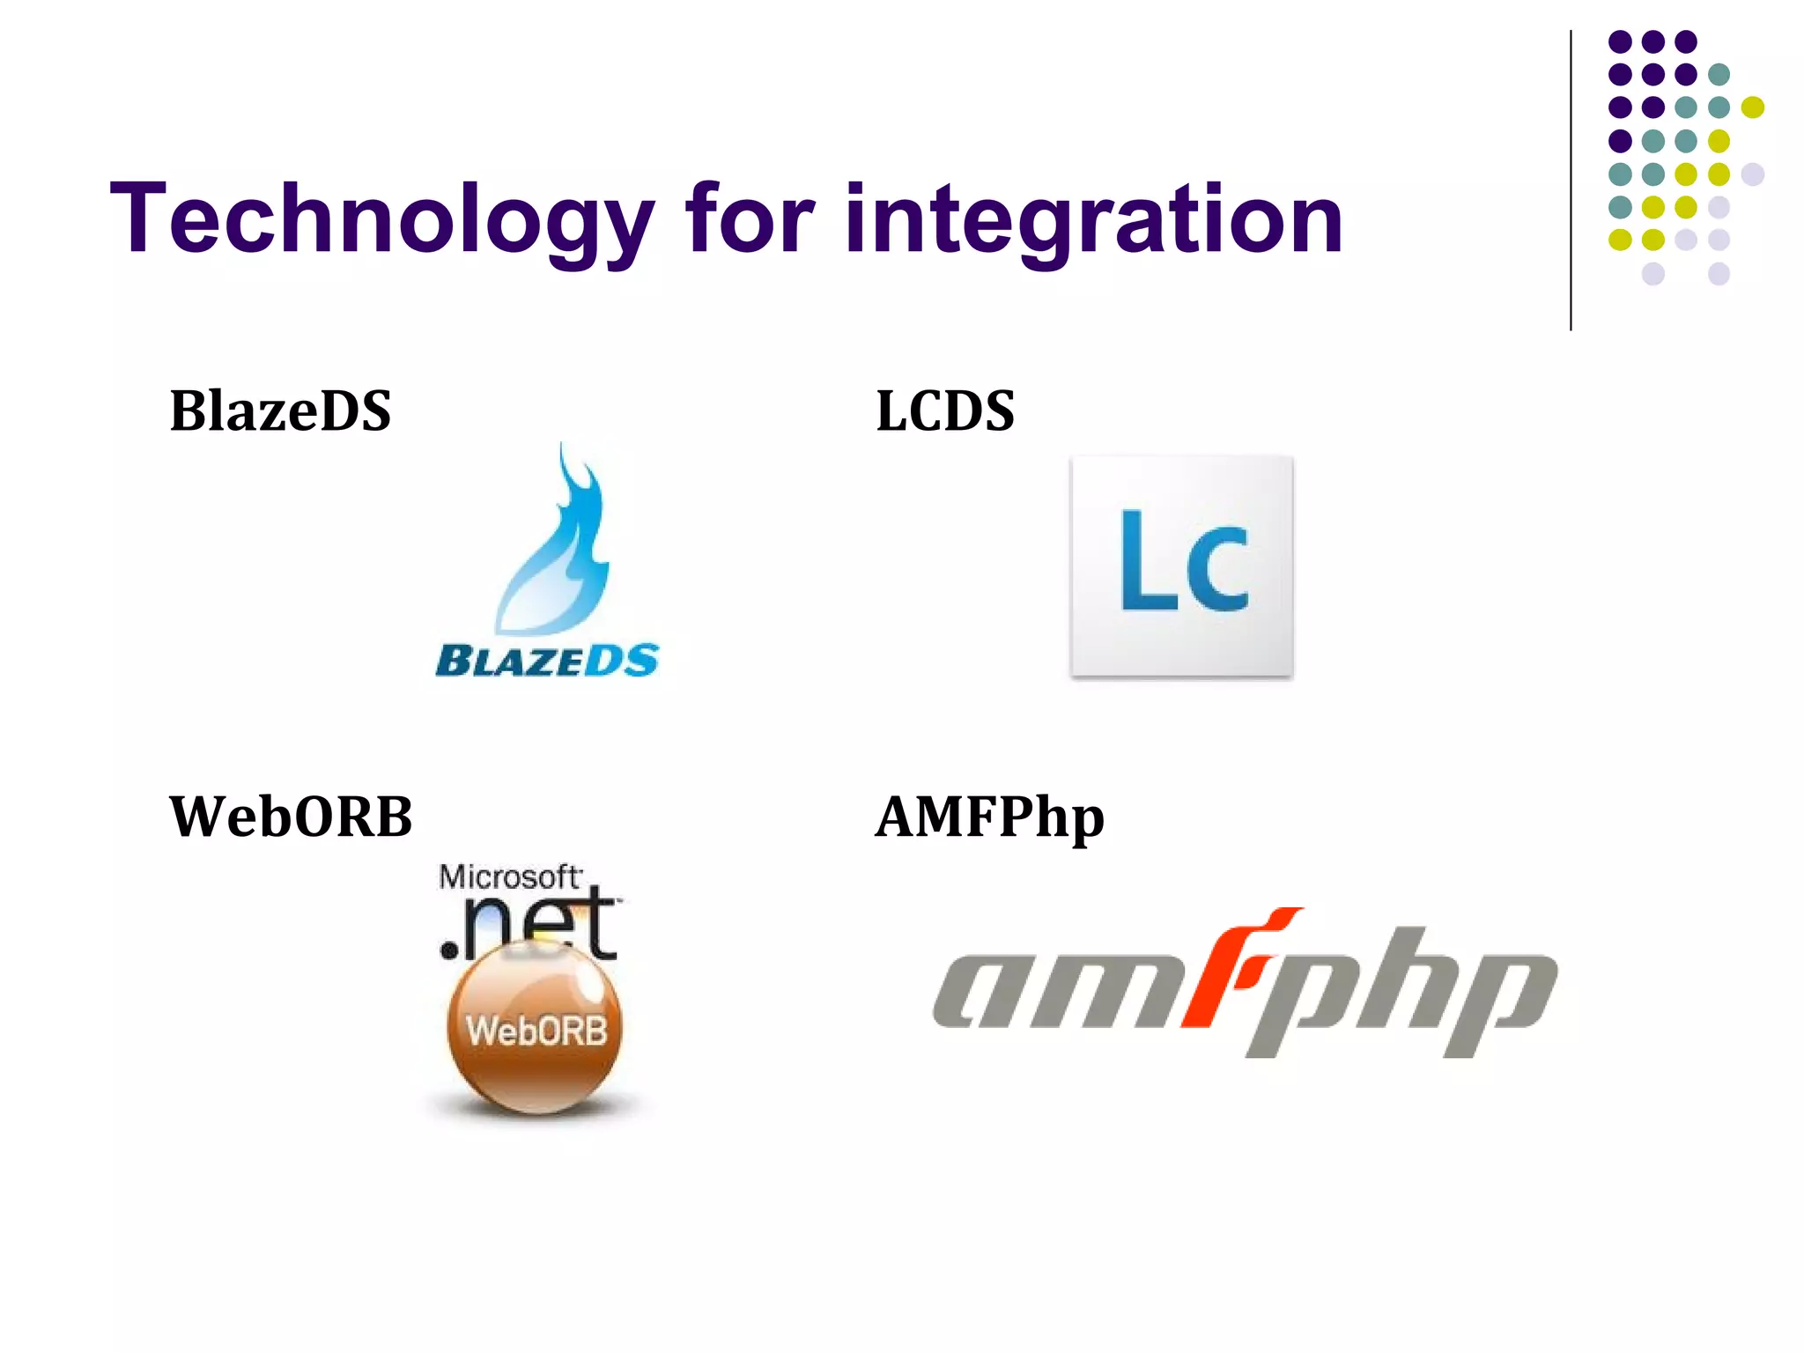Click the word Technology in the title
pyautogui.click(x=381, y=218)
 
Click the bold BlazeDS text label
pyautogui.click(x=280, y=410)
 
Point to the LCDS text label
pyautogui.click(x=945, y=410)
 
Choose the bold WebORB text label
pyautogui.click(x=291, y=817)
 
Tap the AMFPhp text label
pyautogui.click(x=989, y=817)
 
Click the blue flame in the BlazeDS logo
pyautogui.click(x=555, y=546)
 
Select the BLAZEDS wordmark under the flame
pyautogui.click(x=547, y=661)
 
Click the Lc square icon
pyautogui.click(x=1181, y=566)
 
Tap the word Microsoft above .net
pyautogui.click(x=509, y=877)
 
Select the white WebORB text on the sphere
pyautogui.click(x=536, y=1031)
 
